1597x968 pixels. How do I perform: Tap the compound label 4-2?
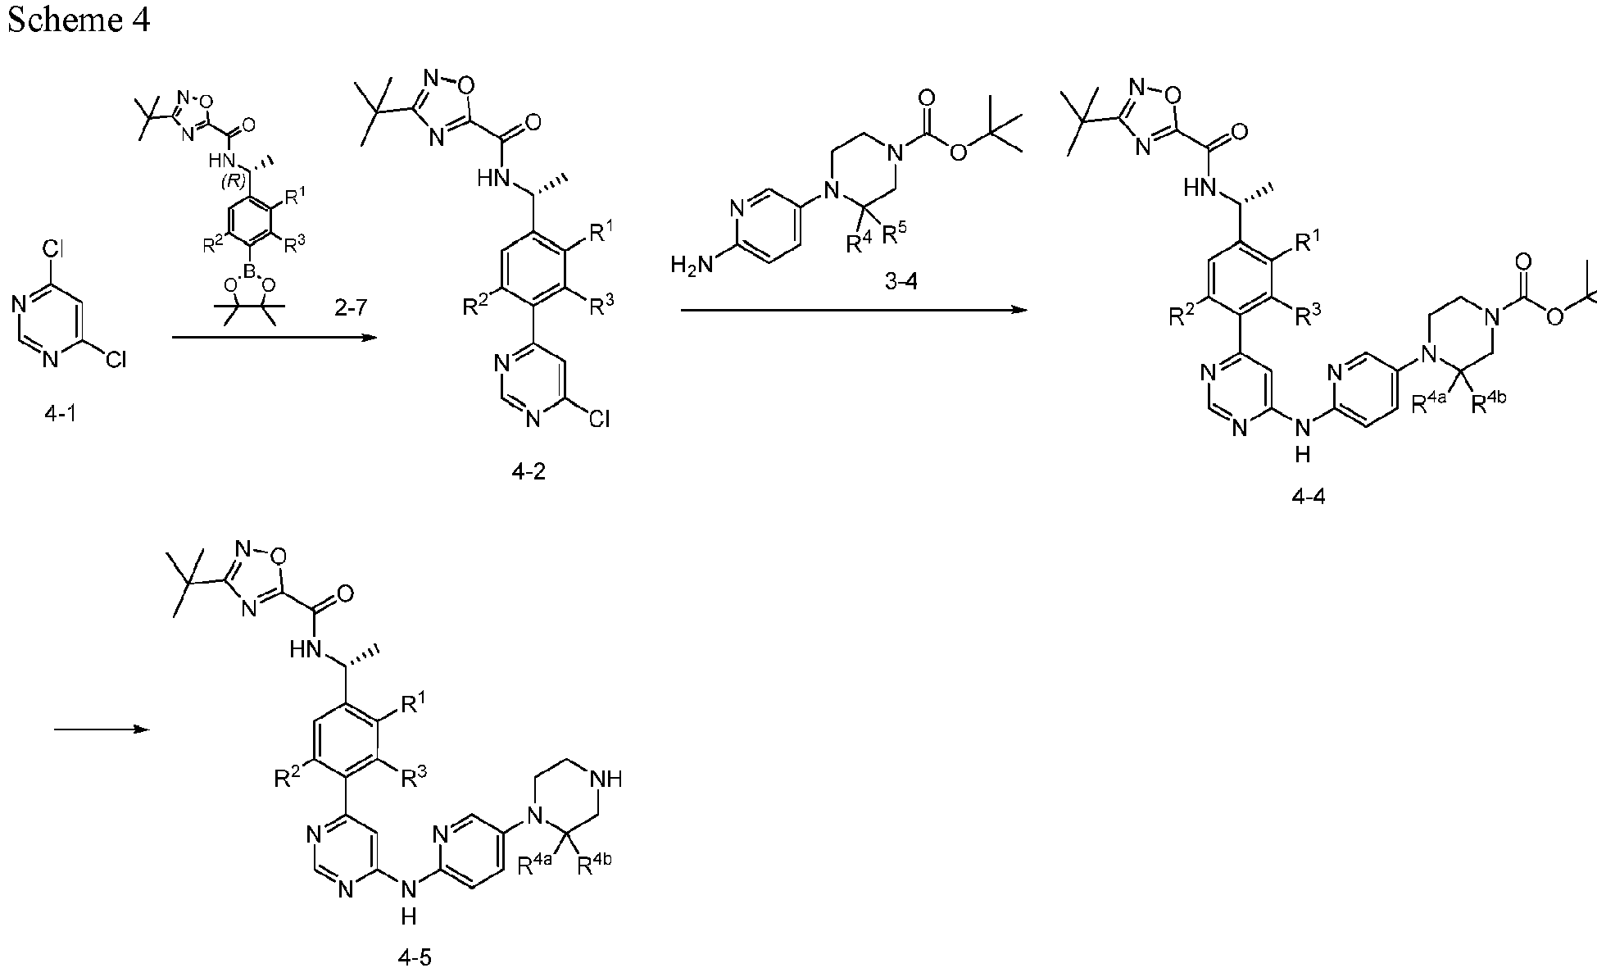528,473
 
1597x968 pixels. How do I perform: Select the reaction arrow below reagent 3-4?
853,310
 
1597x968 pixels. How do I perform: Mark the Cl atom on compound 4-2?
598,420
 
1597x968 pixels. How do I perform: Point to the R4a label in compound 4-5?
537,865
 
